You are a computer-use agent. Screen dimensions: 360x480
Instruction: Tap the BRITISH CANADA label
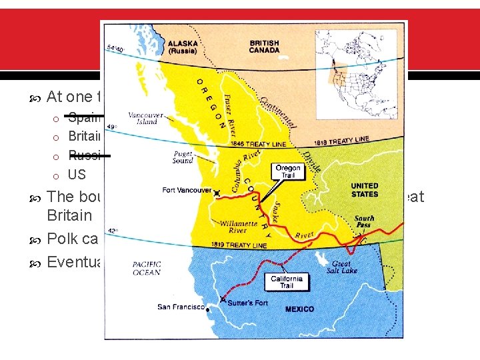click(265, 45)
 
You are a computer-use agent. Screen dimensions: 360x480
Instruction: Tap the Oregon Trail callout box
click(287, 171)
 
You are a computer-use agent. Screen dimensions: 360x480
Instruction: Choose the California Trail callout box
click(287, 282)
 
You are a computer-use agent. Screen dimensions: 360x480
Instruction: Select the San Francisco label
click(181, 307)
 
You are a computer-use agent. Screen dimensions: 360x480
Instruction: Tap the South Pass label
click(364, 223)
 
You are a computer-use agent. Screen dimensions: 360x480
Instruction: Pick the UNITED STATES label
click(365, 190)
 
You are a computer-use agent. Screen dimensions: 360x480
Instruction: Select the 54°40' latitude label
click(113, 47)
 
